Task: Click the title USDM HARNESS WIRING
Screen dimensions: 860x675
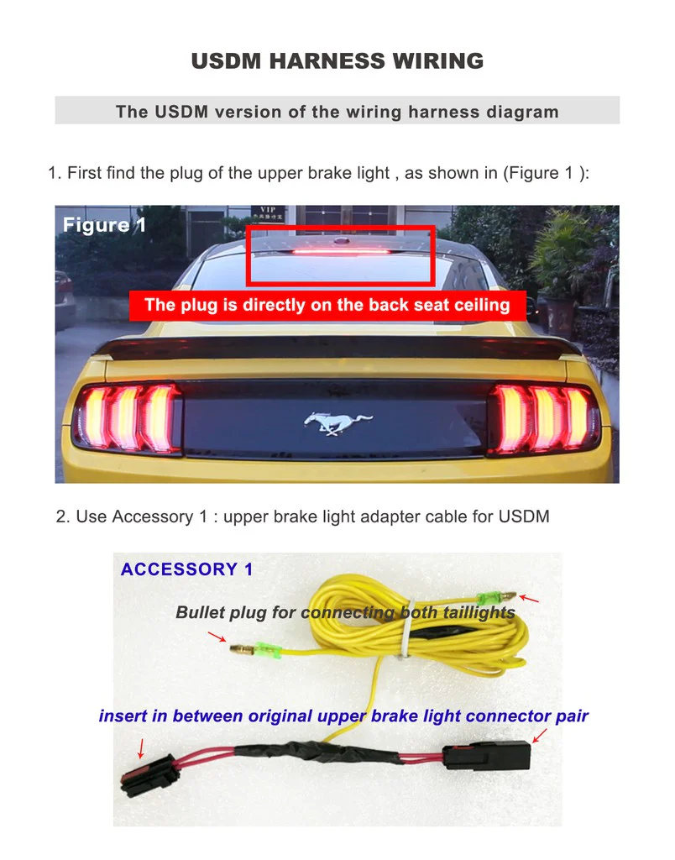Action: (x=337, y=61)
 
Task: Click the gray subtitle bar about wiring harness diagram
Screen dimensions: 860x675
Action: (x=337, y=111)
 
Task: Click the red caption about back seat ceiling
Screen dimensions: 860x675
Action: (x=327, y=305)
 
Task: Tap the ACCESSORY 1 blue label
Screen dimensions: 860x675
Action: (x=186, y=569)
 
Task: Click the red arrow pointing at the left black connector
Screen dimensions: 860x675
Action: (x=141, y=746)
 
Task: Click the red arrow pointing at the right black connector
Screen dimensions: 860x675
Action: (x=539, y=736)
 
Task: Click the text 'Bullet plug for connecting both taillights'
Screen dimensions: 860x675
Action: (x=345, y=613)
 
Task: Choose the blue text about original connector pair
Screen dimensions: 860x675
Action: (x=343, y=716)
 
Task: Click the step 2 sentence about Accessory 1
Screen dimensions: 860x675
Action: (x=303, y=517)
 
